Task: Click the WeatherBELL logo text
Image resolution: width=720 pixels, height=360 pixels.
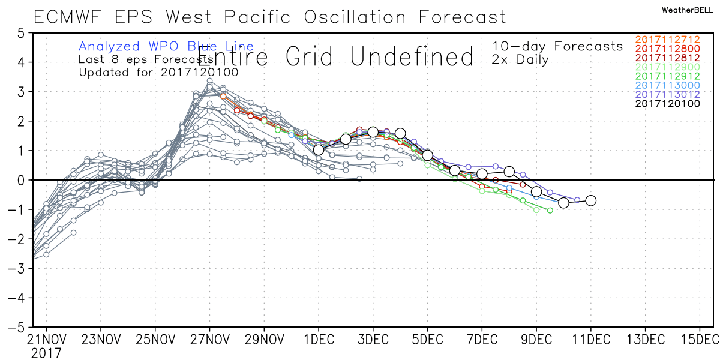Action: click(688, 10)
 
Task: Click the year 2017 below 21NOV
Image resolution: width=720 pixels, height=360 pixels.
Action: click(46, 353)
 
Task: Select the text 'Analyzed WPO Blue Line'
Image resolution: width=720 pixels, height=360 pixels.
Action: click(166, 46)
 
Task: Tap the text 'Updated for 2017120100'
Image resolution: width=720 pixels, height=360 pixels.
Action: click(158, 73)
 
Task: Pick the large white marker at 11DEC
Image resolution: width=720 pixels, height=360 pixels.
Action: click(590, 200)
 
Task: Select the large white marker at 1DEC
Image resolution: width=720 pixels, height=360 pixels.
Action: click(319, 150)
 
